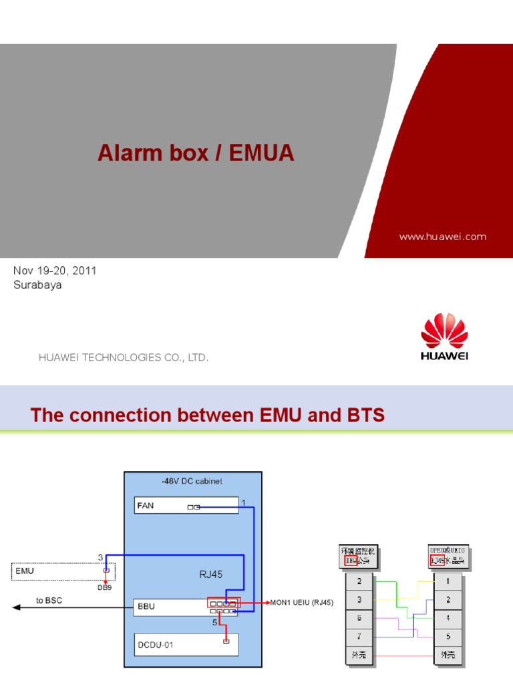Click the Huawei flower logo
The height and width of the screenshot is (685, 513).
point(444,330)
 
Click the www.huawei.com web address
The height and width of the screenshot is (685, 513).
point(442,236)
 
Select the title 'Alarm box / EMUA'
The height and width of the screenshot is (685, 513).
point(196,153)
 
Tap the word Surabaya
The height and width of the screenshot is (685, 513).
point(37,284)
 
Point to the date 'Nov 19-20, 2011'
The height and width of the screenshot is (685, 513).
point(55,270)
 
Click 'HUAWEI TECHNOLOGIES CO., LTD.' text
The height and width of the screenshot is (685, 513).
point(124,358)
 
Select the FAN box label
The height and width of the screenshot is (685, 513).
point(146,506)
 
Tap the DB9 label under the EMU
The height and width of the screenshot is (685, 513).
point(106,588)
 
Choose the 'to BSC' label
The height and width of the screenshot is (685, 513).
point(49,601)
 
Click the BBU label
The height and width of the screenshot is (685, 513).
point(146,605)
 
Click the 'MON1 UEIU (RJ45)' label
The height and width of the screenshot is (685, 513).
point(301,602)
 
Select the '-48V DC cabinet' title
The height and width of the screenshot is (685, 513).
point(192,481)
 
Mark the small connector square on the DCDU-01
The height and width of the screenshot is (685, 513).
point(226,642)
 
